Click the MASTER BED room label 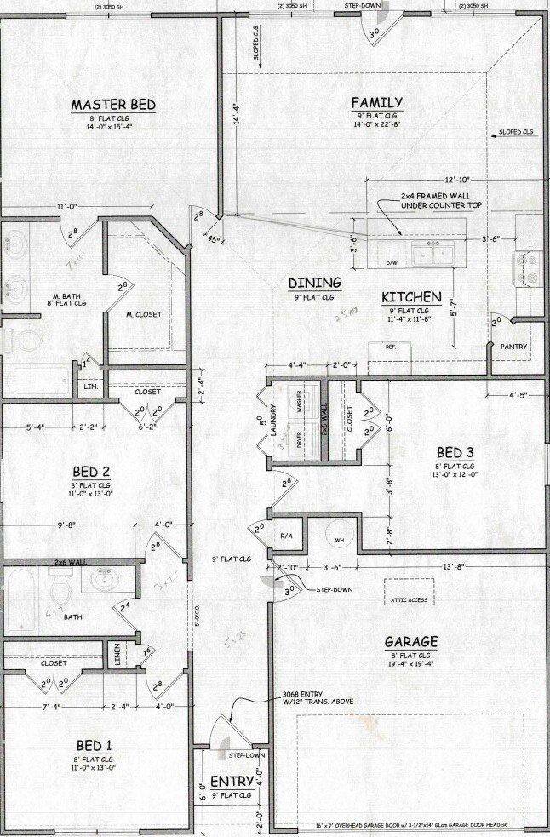(112, 104)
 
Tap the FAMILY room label (376, 103)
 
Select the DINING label (314, 283)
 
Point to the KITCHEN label (411, 297)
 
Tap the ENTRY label (232, 782)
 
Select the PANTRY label (514, 347)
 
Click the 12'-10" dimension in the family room (456, 181)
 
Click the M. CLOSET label (143, 314)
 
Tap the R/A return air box (286, 536)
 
